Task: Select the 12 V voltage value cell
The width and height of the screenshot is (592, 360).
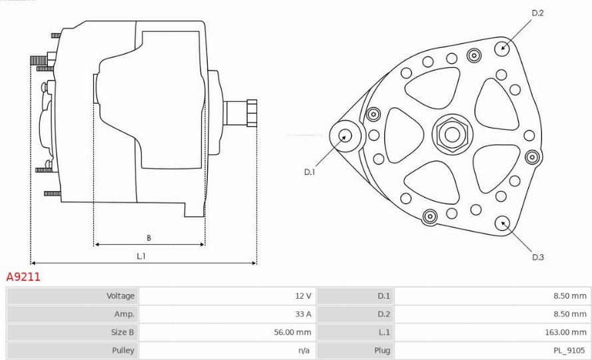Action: (x=302, y=295)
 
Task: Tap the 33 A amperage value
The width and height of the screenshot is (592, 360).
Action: (x=302, y=313)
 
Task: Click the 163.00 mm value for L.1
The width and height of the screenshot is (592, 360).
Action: (x=565, y=331)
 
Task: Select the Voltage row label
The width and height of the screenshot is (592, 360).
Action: (x=121, y=295)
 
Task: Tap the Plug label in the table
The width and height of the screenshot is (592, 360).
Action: (x=382, y=350)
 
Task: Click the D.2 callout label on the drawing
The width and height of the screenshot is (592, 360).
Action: (x=537, y=13)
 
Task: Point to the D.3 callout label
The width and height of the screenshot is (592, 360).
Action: (x=537, y=257)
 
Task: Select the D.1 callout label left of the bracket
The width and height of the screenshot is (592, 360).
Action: (x=310, y=172)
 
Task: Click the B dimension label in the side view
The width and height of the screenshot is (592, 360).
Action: (x=148, y=238)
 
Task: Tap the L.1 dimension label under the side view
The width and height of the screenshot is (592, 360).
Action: (x=141, y=256)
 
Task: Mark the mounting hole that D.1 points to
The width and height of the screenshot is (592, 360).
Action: (x=345, y=135)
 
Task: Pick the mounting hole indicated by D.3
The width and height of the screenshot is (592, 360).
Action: (x=503, y=222)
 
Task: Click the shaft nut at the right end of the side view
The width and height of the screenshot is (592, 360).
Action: (x=252, y=112)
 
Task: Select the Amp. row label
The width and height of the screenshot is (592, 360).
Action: (x=125, y=313)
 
